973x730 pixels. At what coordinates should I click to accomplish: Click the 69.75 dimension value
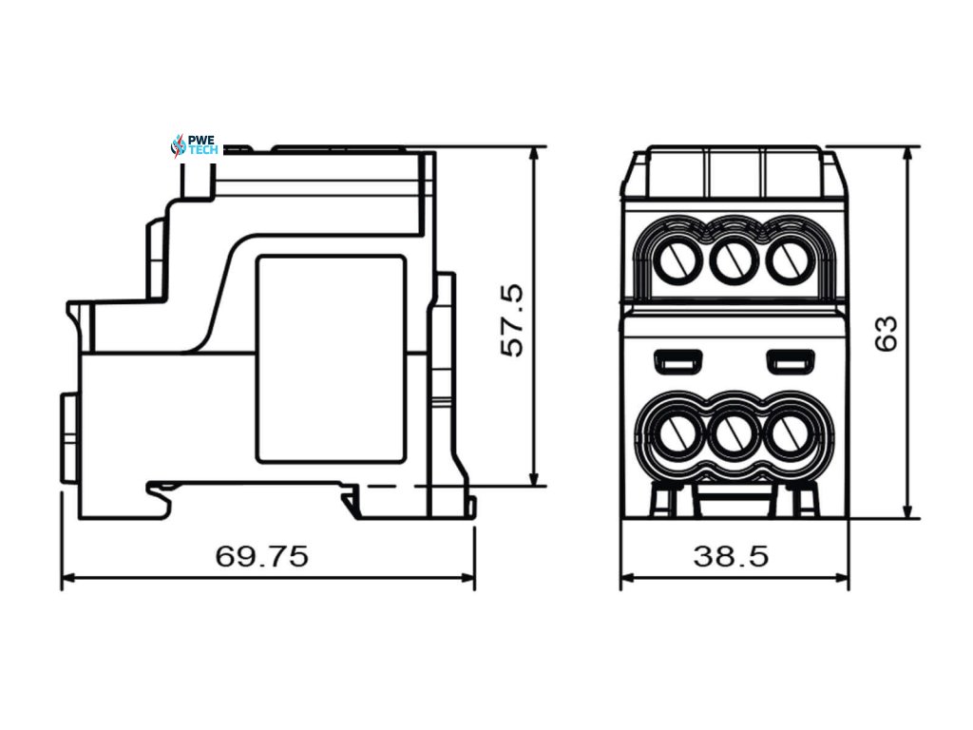[x=261, y=556]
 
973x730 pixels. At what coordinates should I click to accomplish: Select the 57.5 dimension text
[x=512, y=319]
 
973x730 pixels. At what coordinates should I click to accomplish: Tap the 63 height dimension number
[x=886, y=333]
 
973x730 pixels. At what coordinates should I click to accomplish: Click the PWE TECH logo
[x=194, y=145]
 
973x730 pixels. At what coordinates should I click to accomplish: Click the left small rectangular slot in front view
[x=677, y=361]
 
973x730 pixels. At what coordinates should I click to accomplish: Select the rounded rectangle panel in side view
[x=331, y=359]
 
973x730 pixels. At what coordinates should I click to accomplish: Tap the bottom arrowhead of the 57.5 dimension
[x=534, y=480]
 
